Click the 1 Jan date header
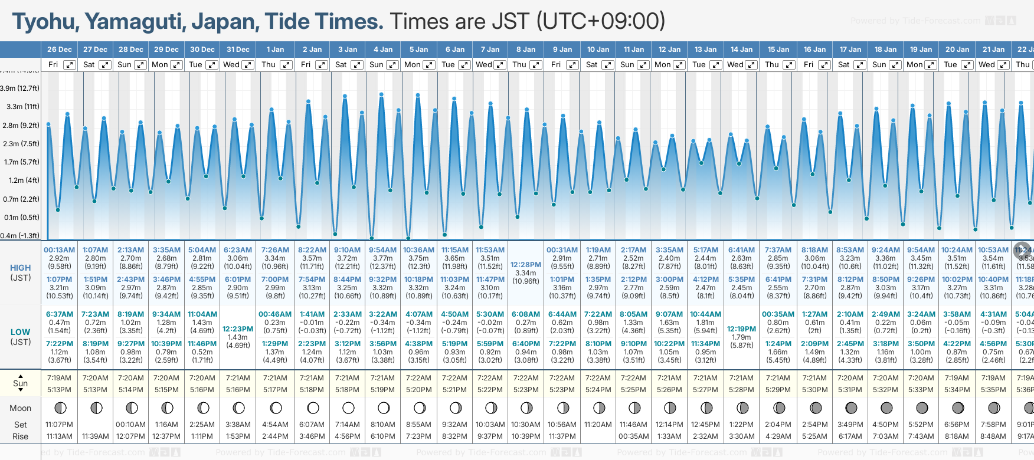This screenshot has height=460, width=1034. point(275,50)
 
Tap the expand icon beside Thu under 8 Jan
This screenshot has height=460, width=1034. point(536,65)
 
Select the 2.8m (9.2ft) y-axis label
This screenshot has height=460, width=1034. point(21,125)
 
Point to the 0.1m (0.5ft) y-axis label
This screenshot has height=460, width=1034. point(21,217)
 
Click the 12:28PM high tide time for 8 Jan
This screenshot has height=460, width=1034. point(525,265)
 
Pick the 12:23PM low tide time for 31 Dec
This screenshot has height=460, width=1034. point(238,329)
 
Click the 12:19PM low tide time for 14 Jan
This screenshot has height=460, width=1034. point(741,329)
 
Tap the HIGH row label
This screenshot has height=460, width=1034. point(21,268)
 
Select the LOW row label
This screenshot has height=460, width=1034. point(21,332)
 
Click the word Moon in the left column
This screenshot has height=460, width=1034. point(21,408)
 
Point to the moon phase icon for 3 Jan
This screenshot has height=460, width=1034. point(348,408)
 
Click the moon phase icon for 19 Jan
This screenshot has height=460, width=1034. point(921,408)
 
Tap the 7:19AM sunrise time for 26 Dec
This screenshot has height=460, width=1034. point(59,378)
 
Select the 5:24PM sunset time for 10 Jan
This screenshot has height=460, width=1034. point(598,390)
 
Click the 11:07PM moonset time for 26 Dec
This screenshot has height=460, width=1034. point(59,425)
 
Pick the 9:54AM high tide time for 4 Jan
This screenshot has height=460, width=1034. point(383,250)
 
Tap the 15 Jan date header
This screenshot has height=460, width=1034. point(778,50)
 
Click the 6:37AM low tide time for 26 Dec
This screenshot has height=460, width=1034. point(59,314)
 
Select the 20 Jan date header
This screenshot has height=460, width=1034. point(957,50)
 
